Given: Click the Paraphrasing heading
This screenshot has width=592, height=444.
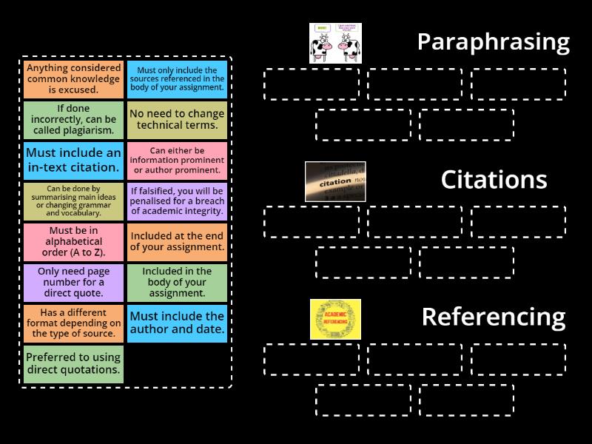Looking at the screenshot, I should (493, 42).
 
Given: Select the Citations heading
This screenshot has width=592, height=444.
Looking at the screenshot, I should (494, 180).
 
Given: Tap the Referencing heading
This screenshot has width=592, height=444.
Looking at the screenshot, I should (493, 317).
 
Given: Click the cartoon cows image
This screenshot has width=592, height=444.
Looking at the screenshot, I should (335, 43).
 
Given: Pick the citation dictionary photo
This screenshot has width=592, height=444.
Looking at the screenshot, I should (335, 181).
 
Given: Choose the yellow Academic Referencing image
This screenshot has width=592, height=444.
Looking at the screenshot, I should (335, 319).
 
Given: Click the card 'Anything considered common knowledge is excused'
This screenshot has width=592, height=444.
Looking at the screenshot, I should (73, 79).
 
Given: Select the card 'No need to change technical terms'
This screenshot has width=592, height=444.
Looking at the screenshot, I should (177, 120).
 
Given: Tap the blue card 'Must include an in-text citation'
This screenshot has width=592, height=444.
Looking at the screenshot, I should (73, 161).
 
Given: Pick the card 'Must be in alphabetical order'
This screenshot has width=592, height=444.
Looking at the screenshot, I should (73, 241).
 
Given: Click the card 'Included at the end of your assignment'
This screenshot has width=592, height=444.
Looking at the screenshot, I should (177, 241).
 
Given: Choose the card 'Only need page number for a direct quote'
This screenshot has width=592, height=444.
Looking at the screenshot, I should (73, 282).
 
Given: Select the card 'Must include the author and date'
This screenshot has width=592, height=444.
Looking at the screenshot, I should (177, 323).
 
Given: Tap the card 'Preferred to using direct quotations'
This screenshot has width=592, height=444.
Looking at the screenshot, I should (73, 363).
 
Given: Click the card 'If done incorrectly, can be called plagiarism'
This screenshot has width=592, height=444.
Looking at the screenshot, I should (73, 120).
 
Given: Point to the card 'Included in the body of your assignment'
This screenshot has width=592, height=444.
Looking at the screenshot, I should (177, 282).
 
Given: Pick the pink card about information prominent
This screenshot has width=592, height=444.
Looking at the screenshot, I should (177, 161).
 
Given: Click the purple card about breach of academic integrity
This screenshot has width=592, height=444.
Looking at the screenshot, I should (177, 201).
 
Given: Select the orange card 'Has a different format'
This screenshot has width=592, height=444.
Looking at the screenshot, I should (73, 323).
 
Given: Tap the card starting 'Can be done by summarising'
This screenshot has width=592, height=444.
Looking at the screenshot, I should (73, 201).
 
